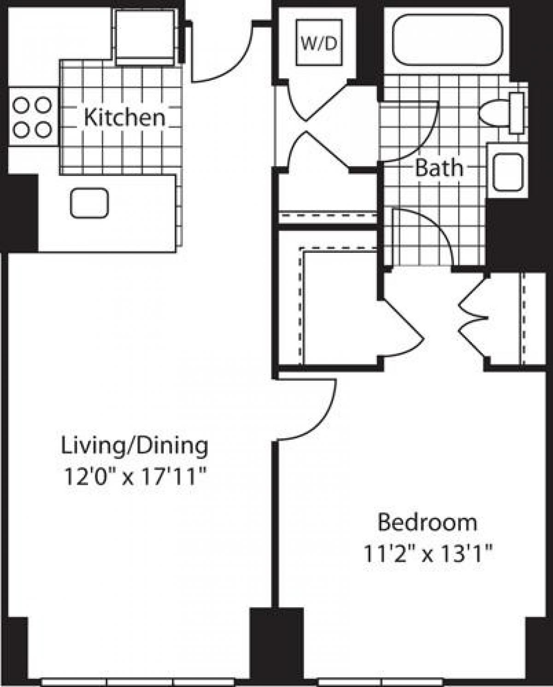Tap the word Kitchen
click(x=124, y=118)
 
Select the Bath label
click(x=439, y=168)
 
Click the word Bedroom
click(x=427, y=523)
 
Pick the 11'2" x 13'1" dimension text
click(x=429, y=553)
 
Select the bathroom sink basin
click(x=508, y=172)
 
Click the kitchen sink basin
click(x=89, y=203)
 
